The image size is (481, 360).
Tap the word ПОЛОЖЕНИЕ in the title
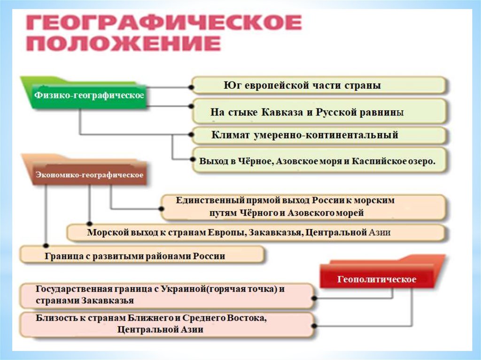pyautogui.click(x=123, y=45)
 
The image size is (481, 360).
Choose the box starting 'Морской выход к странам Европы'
pyautogui.click(x=256, y=232)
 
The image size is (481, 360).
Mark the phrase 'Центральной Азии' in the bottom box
pyautogui.click(x=161, y=329)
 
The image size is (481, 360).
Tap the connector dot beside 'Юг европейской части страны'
pyautogui.click(x=191, y=87)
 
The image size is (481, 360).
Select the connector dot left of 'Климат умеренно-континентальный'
pyautogui.click(x=191, y=135)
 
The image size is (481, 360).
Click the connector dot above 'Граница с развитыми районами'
pyautogui.click(x=46, y=245)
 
